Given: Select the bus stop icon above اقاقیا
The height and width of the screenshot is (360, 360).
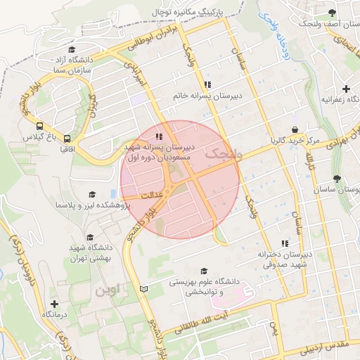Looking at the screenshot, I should tap(67, 139).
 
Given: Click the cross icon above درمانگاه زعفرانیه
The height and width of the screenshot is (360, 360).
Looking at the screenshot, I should tap(345, 89).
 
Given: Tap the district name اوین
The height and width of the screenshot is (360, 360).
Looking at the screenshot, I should tap(109, 288).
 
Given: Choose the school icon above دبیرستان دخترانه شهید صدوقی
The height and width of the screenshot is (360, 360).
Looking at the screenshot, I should tap(284, 242).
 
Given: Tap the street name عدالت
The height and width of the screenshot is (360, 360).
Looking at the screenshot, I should tap(151, 193).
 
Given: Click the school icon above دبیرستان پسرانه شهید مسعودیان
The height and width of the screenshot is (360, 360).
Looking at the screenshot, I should tap(160, 136).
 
